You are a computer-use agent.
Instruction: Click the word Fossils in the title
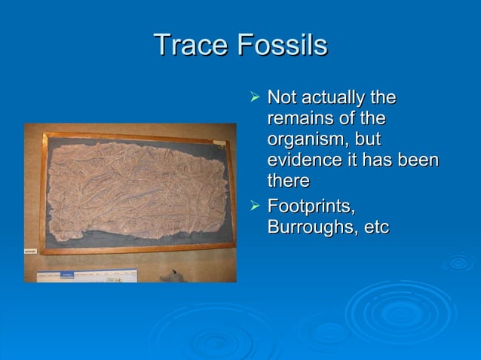282,45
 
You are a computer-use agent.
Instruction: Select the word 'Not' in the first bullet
283,98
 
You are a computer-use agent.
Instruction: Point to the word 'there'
288,182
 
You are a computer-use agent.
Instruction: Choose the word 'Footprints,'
311,206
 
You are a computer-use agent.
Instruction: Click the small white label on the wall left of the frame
30,251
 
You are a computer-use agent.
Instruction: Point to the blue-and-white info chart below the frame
83,276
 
